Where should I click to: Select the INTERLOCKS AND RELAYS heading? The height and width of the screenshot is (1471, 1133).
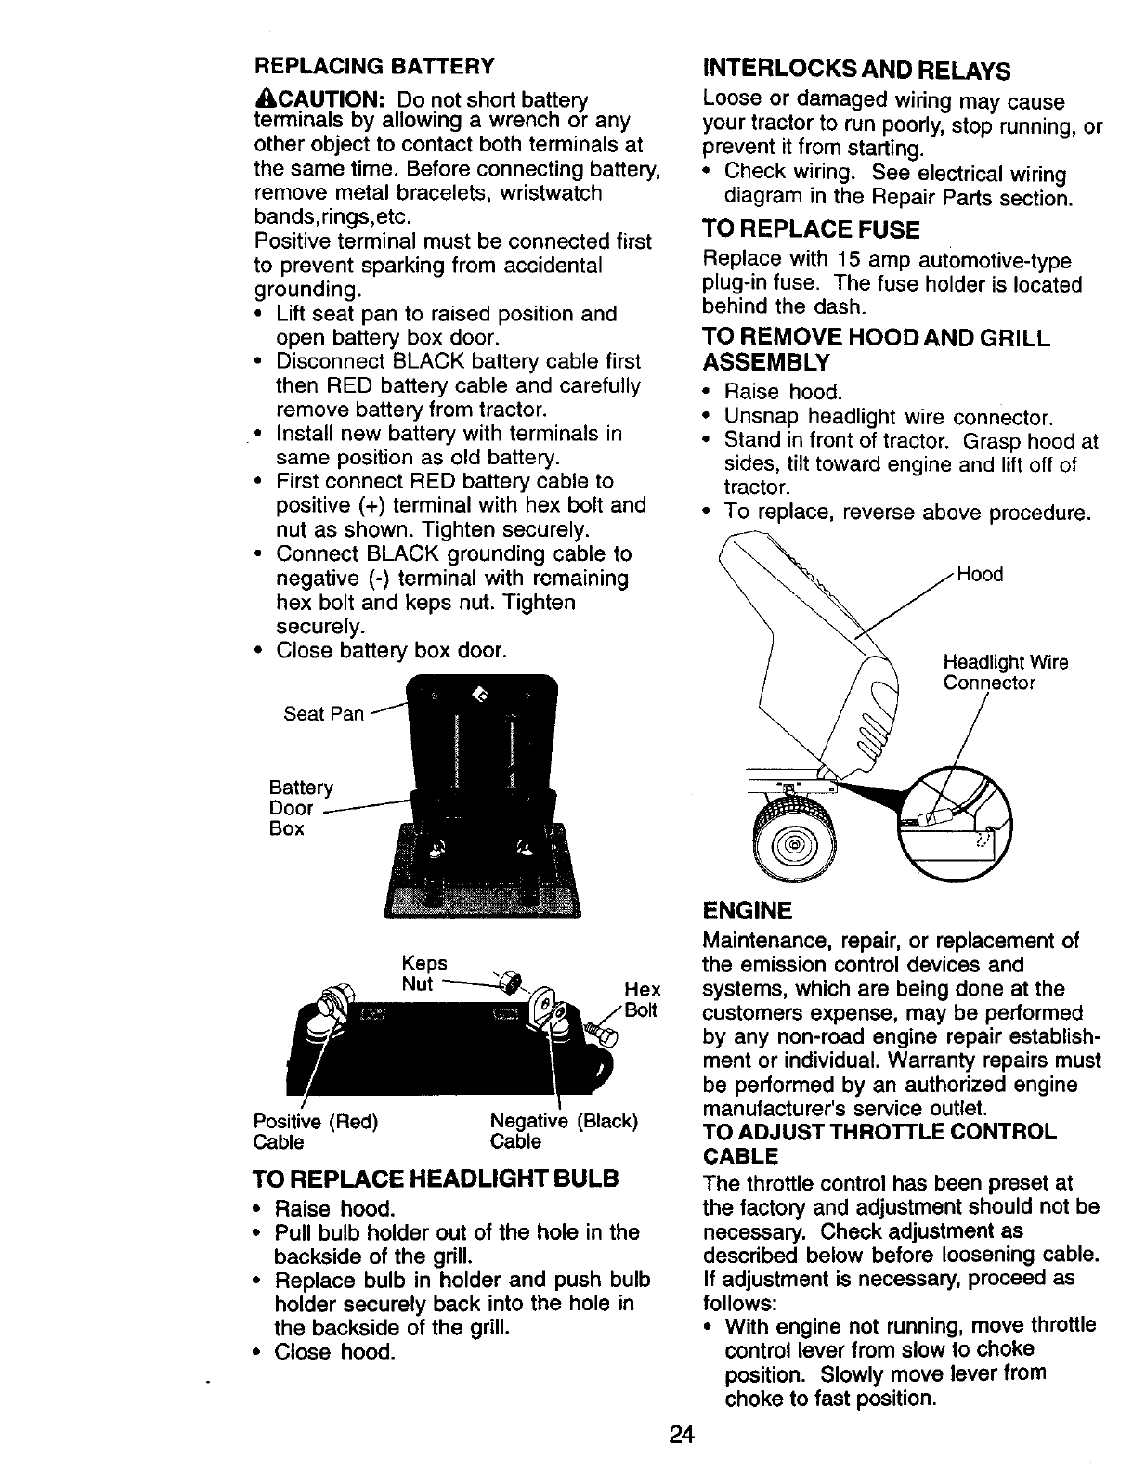click(857, 72)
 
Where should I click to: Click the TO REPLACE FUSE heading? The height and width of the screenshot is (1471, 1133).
click(812, 229)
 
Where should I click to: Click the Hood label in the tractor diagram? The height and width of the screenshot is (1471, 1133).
click(980, 575)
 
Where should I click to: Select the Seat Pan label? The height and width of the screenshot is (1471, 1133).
click(323, 714)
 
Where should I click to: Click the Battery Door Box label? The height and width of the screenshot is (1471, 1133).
click(300, 808)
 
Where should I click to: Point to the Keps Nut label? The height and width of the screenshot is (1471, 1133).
click(424, 973)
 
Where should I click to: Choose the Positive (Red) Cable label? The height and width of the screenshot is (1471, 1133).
click(316, 1131)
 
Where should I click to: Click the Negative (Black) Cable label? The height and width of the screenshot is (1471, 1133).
click(564, 1131)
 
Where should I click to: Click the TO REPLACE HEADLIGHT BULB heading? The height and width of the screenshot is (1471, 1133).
click(436, 1178)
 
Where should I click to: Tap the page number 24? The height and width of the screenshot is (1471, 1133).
click(682, 1434)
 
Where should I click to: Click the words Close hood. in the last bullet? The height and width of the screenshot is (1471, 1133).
click(335, 1352)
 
